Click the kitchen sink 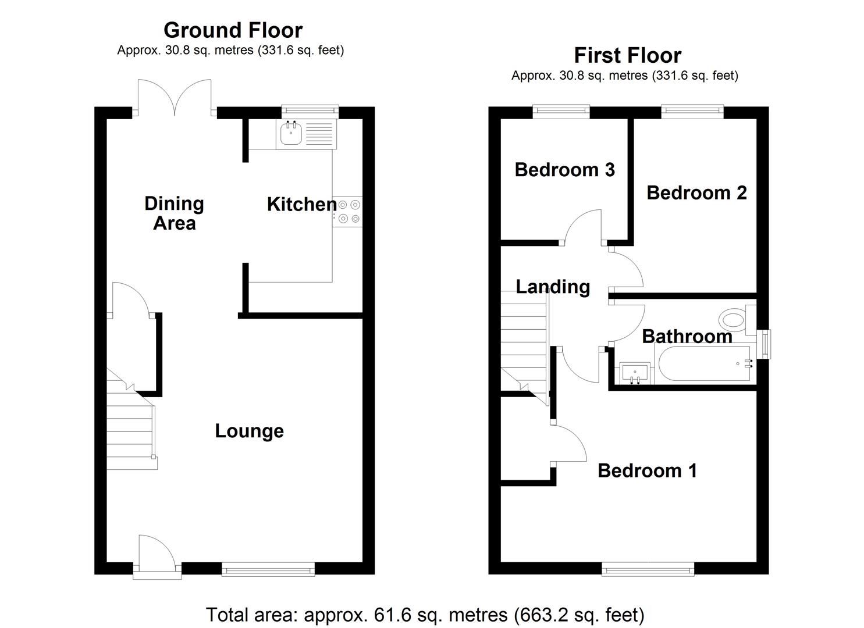(291, 133)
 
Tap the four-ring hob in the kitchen (348, 211)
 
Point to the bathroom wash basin (635, 372)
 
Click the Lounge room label (249, 431)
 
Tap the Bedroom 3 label (564, 170)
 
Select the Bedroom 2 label (696, 192)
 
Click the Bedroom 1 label (647, 470)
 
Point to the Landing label (553, 287)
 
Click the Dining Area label (174, 213)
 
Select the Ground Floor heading (233, 30)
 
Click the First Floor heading (627, 55)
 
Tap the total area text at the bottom (425, 615)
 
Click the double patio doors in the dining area (175, 99)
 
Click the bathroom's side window (766, 344)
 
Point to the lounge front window (268, 569)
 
